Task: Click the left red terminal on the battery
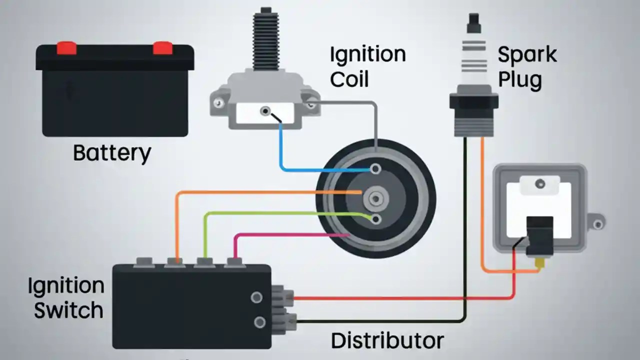[66, 48]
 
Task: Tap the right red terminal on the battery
[162, 48]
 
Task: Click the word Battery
[111, 153]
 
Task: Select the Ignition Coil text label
[367, 66]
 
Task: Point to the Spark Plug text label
[526, 66]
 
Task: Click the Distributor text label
[387, 340]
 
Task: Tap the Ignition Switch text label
[65, 298]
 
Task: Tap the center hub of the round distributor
[375, 199]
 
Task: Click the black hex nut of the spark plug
[473, 100]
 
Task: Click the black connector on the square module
[539, 235]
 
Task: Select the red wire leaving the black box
[400, 298]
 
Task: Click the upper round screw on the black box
[256, 297]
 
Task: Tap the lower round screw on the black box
[259, 321]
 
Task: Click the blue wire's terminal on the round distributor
[375, 169]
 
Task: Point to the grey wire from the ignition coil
[375, 125]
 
